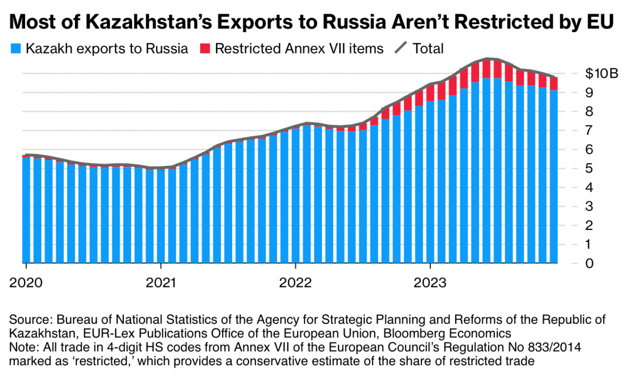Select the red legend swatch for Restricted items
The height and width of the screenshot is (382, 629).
click(205, 49)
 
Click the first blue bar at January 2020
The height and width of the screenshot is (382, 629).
click(26, 210)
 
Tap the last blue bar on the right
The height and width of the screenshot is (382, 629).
click(554, 178)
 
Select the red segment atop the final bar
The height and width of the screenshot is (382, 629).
click(554, 84)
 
